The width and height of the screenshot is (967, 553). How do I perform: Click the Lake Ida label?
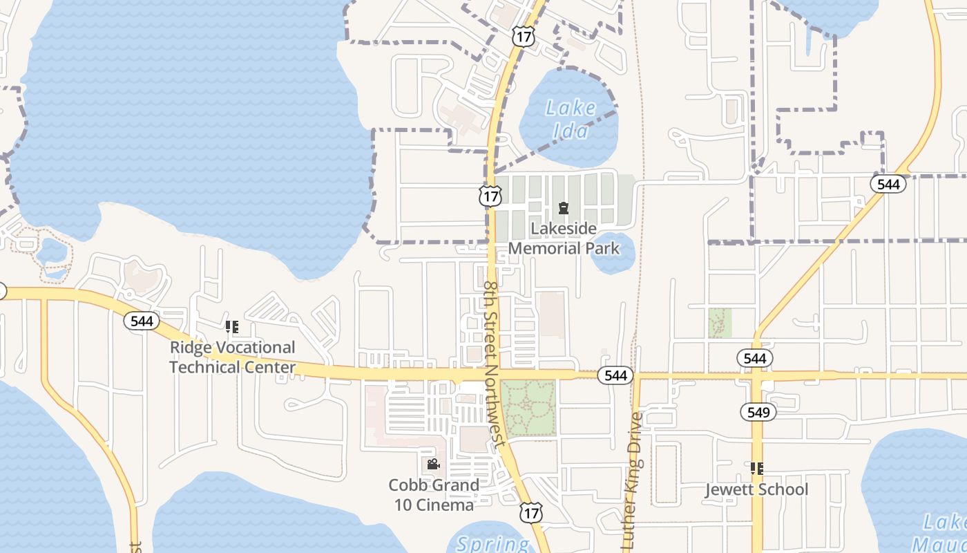571,119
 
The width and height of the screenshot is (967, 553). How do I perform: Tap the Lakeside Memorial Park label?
564,238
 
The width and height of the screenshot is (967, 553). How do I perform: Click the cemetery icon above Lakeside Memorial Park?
564,208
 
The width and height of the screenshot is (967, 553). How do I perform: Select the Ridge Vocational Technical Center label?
233,357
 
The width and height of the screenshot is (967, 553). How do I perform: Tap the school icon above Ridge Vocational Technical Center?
232,326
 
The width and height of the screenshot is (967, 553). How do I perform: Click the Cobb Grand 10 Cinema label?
434,495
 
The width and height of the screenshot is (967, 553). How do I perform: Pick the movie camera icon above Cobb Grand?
433,465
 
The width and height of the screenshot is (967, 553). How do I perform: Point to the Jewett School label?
756,489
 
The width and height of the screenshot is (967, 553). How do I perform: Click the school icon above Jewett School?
756,469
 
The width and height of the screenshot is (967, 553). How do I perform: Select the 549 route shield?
758,413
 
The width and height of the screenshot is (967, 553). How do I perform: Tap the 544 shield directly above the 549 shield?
755,358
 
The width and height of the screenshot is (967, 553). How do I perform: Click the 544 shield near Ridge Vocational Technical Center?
142,321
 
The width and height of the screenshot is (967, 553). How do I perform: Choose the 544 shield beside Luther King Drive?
615,375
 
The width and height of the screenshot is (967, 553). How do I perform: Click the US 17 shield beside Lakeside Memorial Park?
490,196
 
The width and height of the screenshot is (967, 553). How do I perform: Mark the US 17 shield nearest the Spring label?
530,512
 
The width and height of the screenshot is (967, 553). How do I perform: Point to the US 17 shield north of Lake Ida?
524,37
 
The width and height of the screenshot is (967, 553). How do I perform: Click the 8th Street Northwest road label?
497,359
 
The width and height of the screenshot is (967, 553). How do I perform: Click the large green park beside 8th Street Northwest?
528,407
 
